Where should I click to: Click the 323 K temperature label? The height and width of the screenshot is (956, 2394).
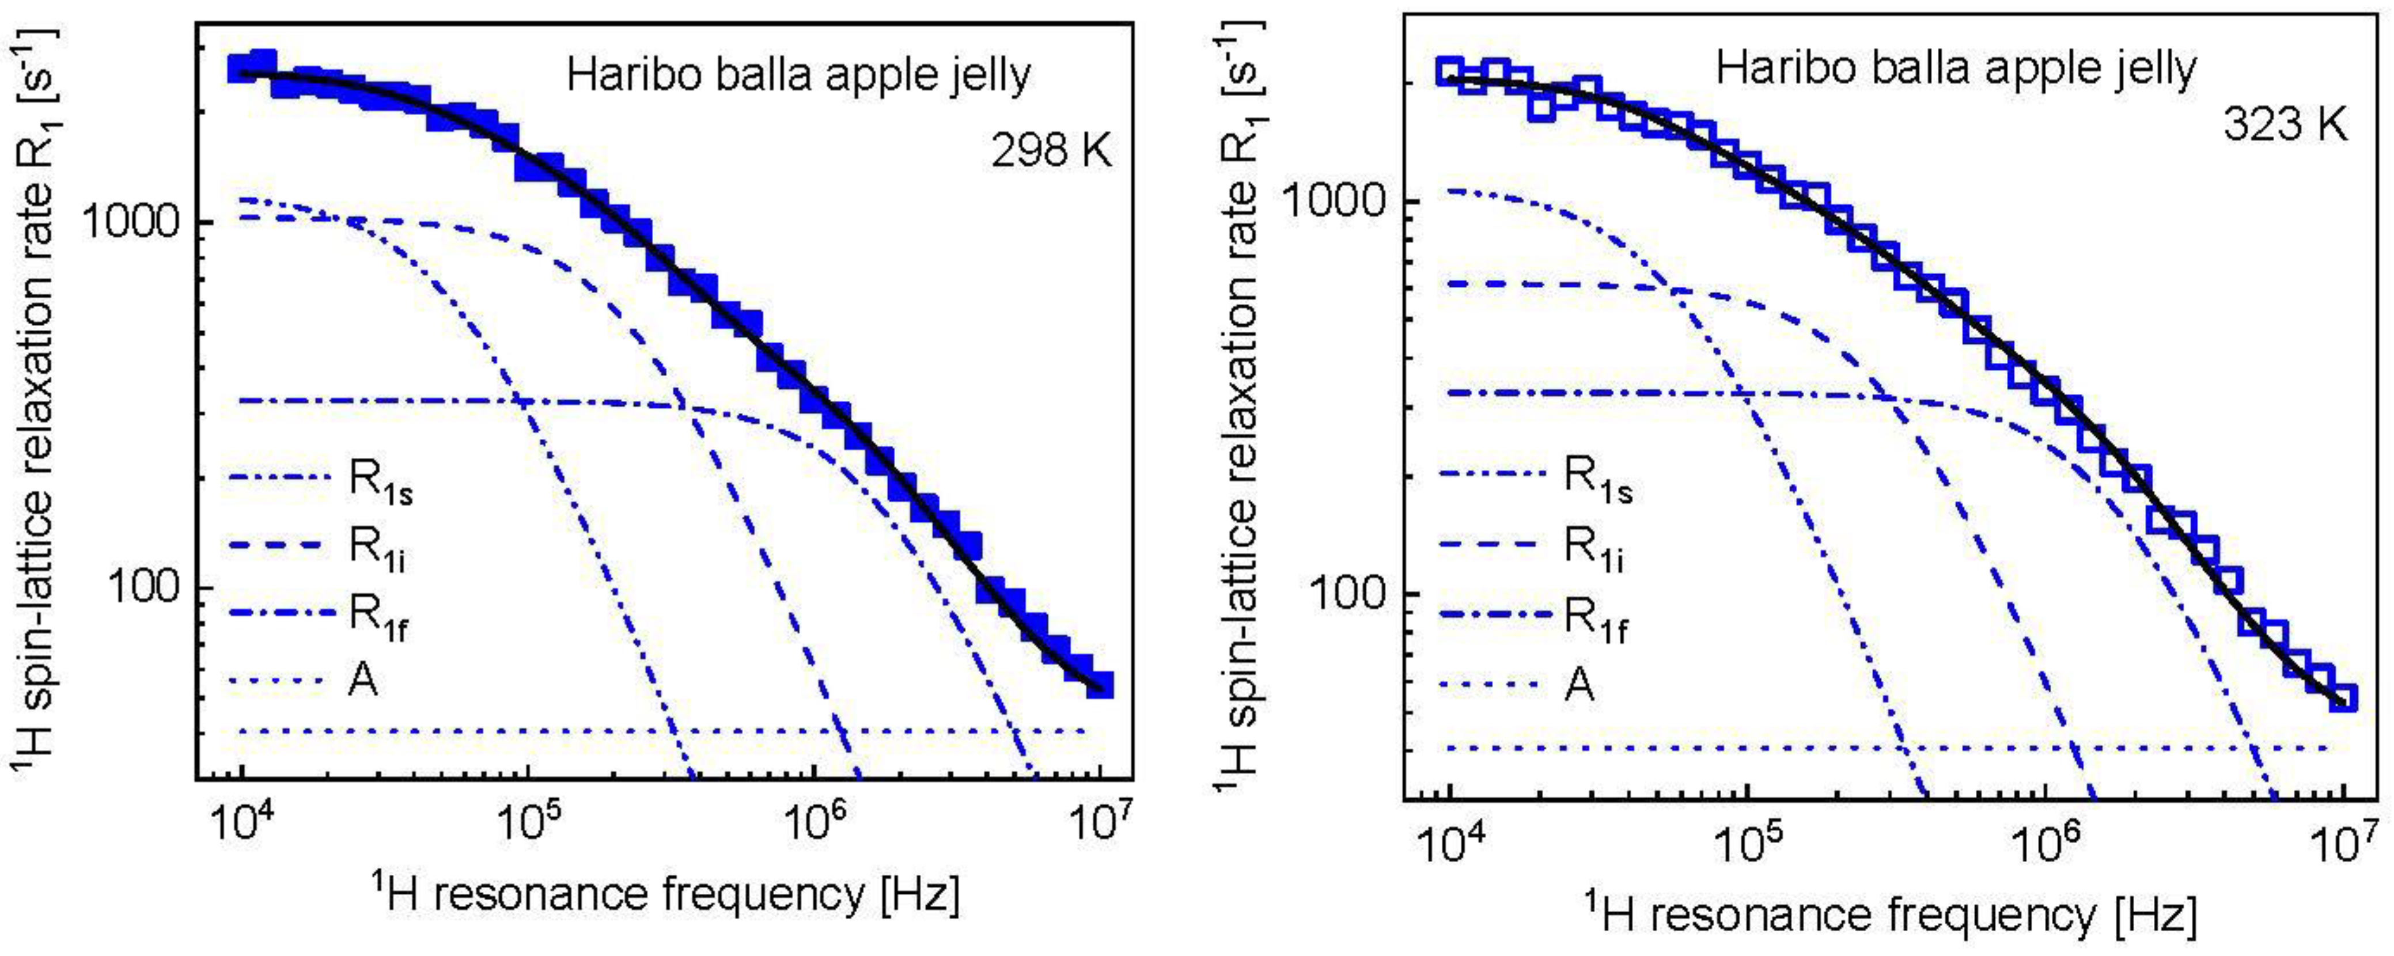coord(2285,124)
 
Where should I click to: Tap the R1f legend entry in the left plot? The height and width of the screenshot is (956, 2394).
coord(377,617)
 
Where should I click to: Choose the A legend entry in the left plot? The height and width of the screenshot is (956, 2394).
coord(362,681)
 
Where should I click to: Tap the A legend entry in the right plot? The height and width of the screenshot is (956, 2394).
coord(1580,686)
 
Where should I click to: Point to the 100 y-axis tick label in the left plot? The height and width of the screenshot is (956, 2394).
coord(147,588)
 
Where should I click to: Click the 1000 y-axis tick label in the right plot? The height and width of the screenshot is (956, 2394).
coord(1339,200)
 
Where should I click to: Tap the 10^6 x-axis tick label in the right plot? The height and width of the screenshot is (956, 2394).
coord(2044,848)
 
